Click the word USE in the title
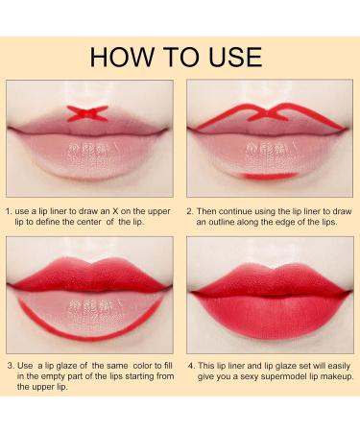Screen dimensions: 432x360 (x=231, y=57)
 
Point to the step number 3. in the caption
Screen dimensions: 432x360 (x=10, y=366)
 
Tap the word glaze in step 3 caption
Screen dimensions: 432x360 (x=75, y=366)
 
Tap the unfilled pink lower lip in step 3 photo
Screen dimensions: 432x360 (x=88, y=309)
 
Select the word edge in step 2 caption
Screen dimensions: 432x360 (x=287, y=221)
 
